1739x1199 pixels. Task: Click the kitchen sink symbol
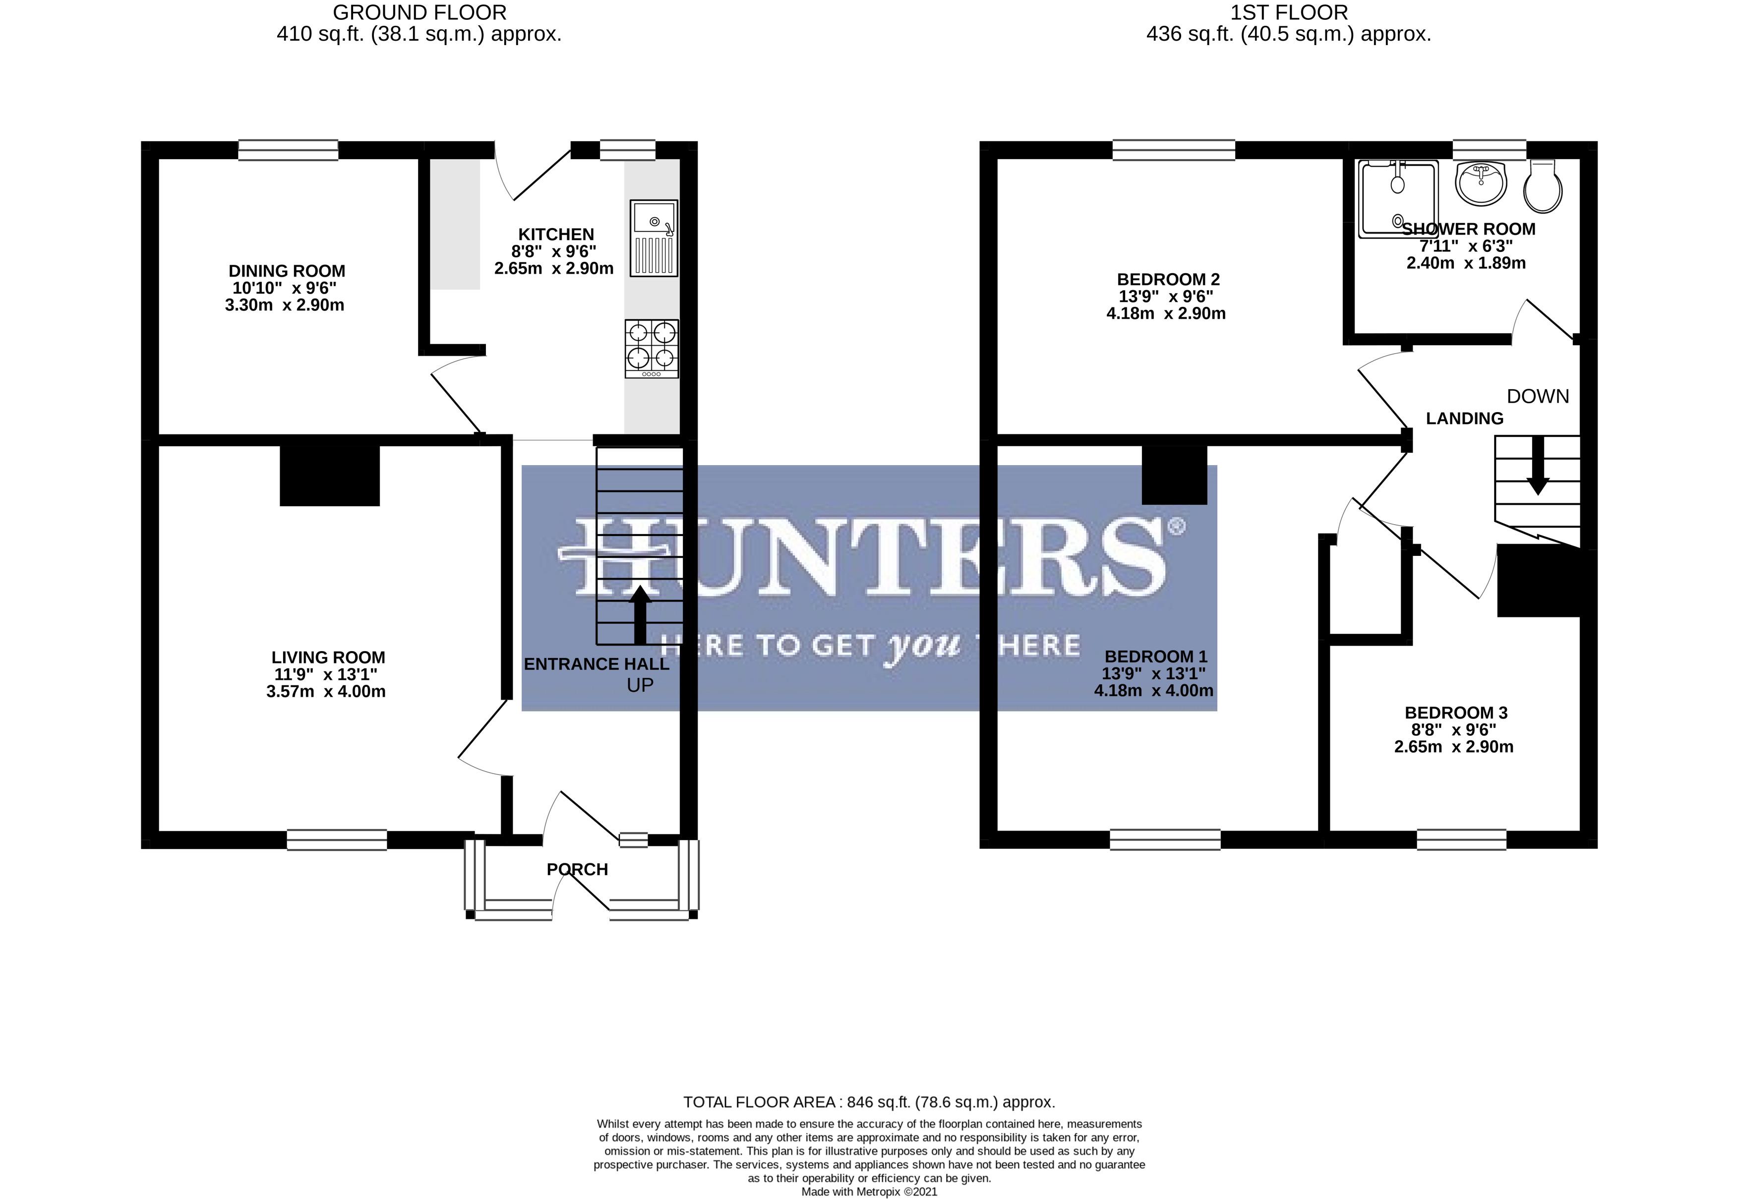coord(653,238)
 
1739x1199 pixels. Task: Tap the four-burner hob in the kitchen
coord(651,349)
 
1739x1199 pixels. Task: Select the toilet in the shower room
coord(1543,187)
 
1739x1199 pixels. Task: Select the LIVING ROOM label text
coord(328,658)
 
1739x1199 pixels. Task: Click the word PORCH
coord(577,869)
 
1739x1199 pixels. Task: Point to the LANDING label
coord(1464,419)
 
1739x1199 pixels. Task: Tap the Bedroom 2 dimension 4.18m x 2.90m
coord(1165,313)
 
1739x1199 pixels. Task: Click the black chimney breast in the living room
coord(329,476)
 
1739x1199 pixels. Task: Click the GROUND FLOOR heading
coord(419,13)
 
